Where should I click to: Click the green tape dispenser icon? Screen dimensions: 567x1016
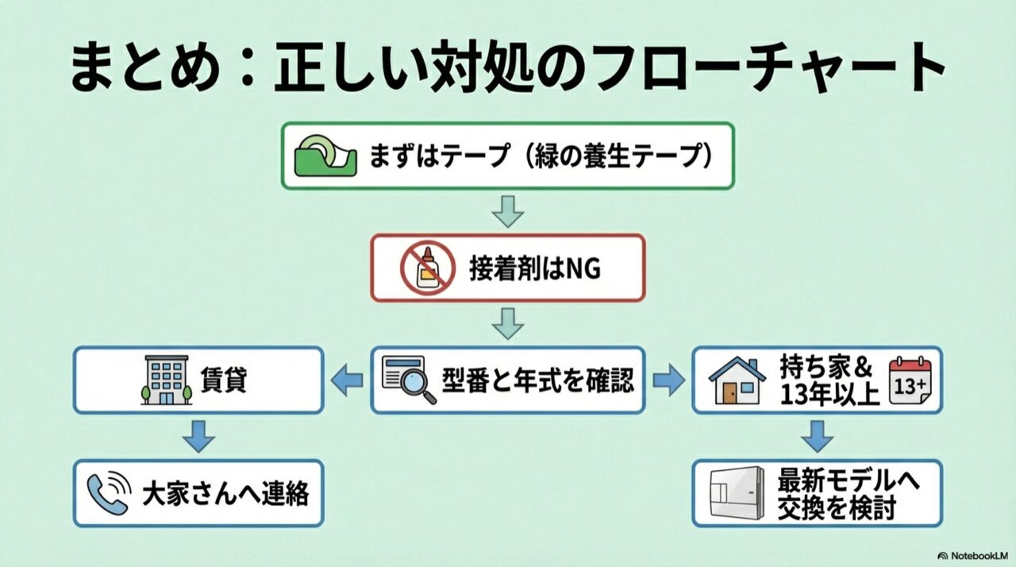pos(325,155)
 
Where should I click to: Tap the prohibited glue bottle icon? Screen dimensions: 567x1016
pos(428,268)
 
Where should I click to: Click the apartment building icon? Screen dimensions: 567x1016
pos(166,380)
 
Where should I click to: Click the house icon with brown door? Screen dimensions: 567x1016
pos(736,380)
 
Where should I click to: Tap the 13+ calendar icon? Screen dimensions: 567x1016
pos(910,380)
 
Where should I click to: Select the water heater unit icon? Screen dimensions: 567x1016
pos(736,493)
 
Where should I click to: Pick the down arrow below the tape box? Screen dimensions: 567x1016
pos(507,210)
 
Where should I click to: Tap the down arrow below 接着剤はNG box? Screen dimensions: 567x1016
pos(507,323)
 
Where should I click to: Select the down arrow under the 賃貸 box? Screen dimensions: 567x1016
pos(198,436)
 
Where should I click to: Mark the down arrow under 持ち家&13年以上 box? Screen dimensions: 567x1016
pos(817,436)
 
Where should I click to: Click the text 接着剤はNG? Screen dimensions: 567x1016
pos(535,268)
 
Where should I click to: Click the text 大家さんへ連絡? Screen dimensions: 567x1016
pos(225,494)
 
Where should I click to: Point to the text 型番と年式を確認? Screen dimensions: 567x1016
pos(538,380)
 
